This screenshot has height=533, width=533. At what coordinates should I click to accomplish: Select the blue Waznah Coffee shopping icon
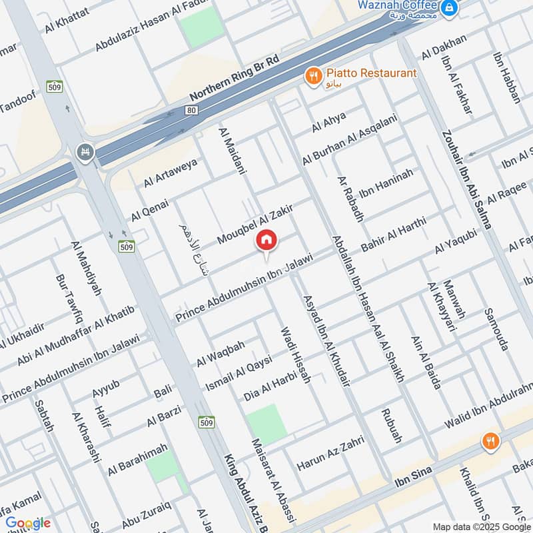(451, 7)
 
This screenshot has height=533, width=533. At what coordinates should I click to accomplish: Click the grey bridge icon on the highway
(85, 153)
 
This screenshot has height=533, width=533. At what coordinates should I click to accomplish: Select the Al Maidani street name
(233, 151)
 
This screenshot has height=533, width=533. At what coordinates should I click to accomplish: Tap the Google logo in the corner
(27, 523)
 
